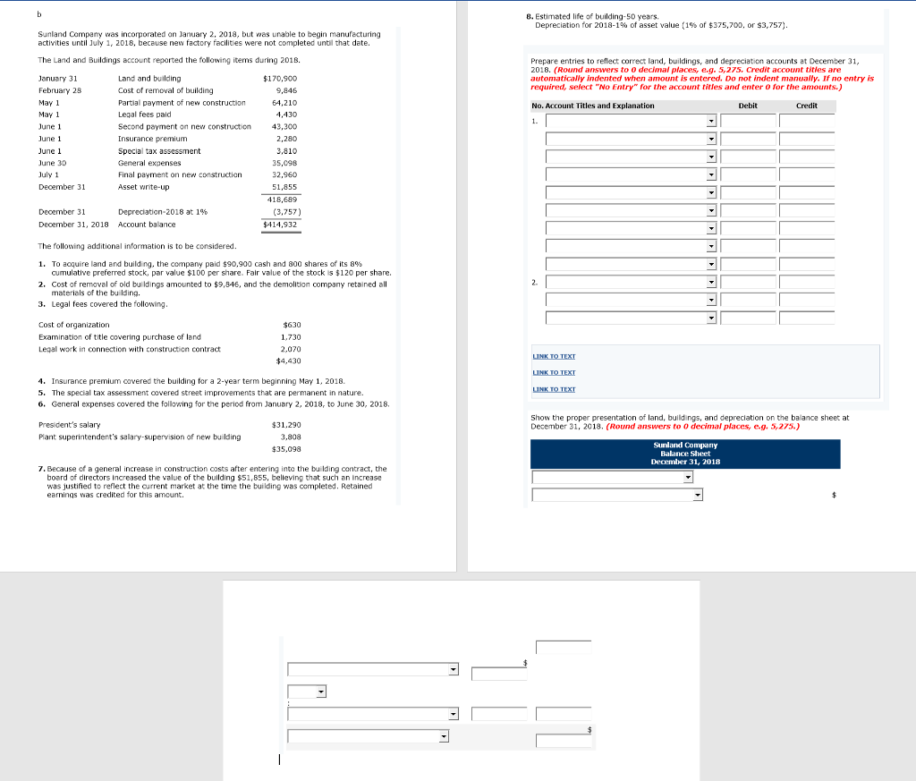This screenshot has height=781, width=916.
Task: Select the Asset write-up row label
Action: [143, 187]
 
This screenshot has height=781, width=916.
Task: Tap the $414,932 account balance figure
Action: [280, 224]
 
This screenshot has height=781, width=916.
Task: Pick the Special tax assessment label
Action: [159, 151]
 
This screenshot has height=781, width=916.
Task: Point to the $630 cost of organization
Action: [291, 325]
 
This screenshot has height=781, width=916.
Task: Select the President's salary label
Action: [70, 425]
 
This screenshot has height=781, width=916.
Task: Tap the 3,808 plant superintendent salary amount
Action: [290, 437]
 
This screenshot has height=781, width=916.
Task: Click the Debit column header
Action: [748, 106]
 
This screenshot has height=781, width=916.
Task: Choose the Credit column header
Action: [806, 106]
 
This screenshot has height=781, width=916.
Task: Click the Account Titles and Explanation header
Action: [592, 106]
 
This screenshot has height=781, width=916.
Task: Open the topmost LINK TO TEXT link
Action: [554, 356]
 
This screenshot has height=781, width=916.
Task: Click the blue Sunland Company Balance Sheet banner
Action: [685, 454]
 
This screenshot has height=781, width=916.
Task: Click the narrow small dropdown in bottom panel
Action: [307, 692]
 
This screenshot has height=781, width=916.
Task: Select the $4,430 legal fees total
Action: [287, 361]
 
